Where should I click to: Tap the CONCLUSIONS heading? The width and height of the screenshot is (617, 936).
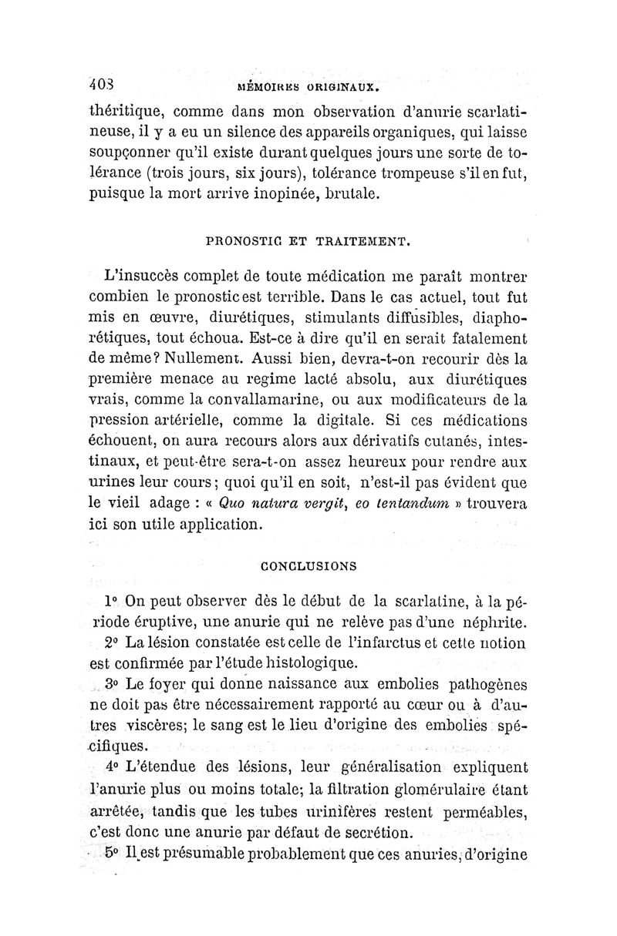[x=308, y=566]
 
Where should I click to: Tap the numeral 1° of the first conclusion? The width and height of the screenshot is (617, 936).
[x=111, y=600]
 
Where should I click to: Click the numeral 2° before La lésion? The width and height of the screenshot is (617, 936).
[x=111, y=642]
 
